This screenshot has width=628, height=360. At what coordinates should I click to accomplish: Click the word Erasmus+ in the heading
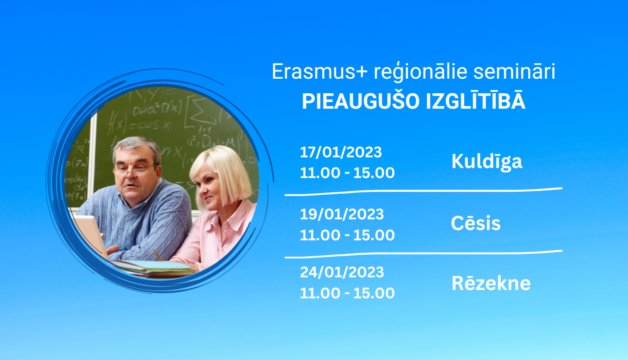[x=319, y=72]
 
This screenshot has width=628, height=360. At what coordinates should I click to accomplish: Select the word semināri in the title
[x=514, y=72]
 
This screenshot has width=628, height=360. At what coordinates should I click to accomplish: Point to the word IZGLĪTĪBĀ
[x=476, y=101]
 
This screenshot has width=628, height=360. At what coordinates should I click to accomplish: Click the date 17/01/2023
[x=341, y=152]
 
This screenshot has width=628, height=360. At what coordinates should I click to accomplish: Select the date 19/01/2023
[x=342, y=214]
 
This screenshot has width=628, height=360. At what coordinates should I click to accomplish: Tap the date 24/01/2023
[x=342, y=273]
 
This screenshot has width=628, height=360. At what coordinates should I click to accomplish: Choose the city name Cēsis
[x=476, y=224]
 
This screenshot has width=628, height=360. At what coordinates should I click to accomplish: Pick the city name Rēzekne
[x=491, y=283]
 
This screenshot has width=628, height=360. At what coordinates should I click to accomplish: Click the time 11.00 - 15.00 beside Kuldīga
[x=347, y=173]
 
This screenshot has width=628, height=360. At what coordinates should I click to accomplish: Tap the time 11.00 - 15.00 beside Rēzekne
[x=347, y=293]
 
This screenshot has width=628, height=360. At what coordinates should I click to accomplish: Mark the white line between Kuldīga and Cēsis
[x=423, y=192]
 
